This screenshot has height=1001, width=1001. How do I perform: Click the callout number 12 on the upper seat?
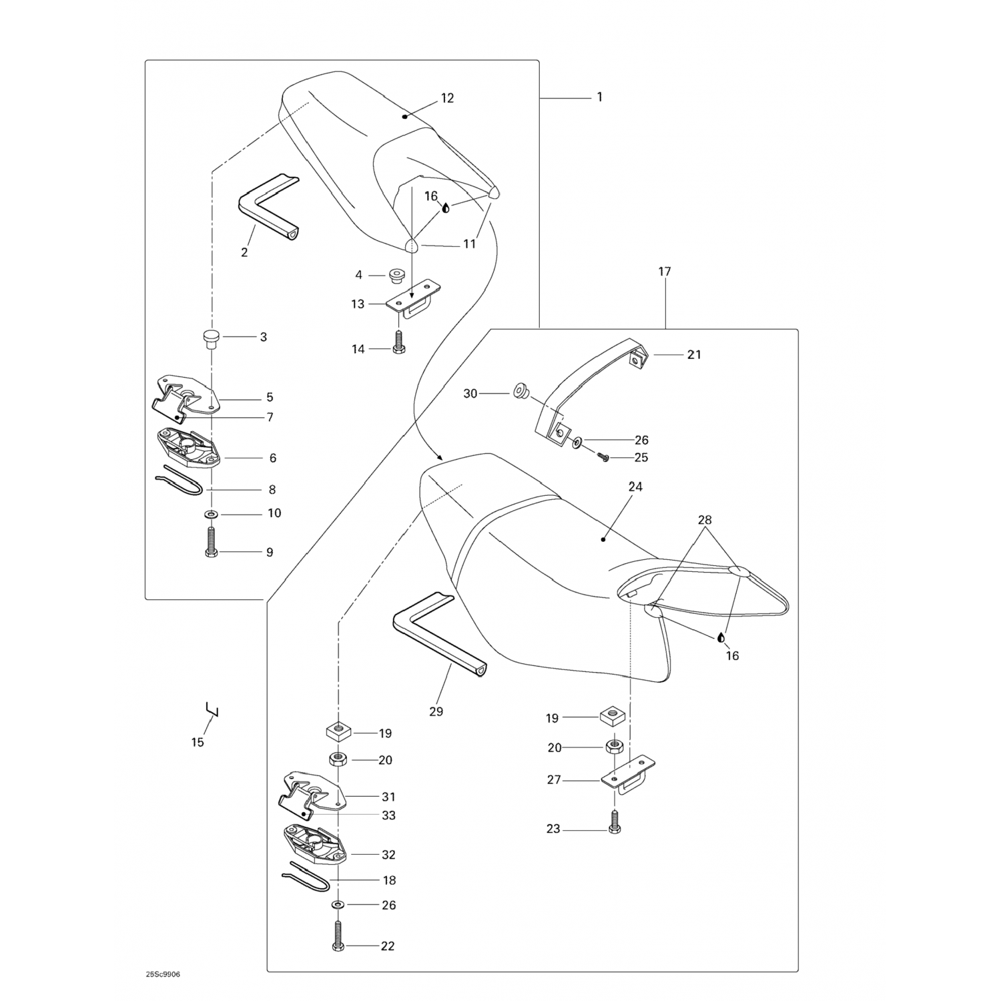(x=447, y=98)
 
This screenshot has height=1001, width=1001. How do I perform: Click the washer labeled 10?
(x=212, y=515)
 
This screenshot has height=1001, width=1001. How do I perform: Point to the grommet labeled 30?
(x=518, y=390)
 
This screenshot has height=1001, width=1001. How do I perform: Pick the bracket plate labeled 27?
(x=627, y=774)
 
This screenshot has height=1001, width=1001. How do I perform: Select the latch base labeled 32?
(x=314, y=844)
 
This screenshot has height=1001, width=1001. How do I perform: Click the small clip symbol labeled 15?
(x=212, y=710)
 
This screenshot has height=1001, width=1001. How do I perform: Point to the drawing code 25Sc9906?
(x=163, y=974)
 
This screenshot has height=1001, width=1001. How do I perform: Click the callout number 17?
(x=664, y=272)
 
